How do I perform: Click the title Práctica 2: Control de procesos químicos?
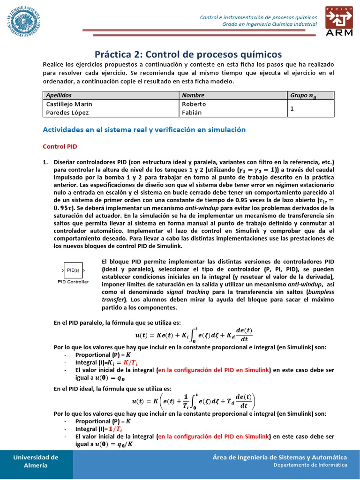pos(188,54)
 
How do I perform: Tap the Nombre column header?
pos(193,95)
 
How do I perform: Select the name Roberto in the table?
pos(194,104)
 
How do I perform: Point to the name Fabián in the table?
pos(192,112)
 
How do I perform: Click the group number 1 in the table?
pos(292,108)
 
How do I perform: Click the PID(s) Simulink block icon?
pos(73,270)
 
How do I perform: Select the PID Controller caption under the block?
pos(73,282)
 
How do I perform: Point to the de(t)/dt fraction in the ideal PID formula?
pos(242,401)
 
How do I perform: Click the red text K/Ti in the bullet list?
pos(130,362)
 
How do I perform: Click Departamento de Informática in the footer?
pos(310,465)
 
